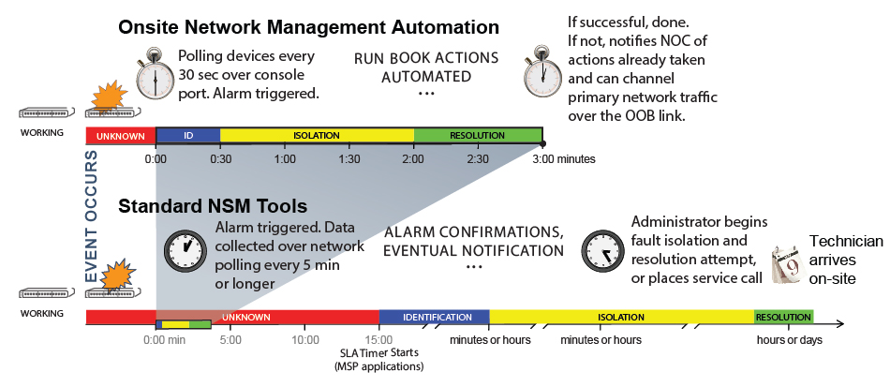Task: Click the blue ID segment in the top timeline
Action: pyautogui.click(x=187, y=136)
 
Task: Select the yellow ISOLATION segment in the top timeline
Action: pyautogui.click(x=317, y=136)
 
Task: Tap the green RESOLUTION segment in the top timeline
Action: pyautogui.click(x=478, y=136)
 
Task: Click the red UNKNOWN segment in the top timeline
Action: pyautogui.click(x=120, y=136)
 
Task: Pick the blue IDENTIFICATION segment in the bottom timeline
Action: pyautogui.click(x=435, y=317)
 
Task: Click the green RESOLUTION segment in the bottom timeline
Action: pyautogui.click(x=783, y=317)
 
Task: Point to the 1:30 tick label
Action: pyautogui.click(x=349, y=159)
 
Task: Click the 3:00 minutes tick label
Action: pyautogui.click(x=564, y=159)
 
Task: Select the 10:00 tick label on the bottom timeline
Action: pyautogui.click(x=305, y=340)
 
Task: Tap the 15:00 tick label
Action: pyautogui.click(x=378, y=340)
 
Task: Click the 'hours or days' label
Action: pyautogui.click(x=789, y=340)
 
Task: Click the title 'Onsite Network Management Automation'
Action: pyautogui.click(x=308, y=27)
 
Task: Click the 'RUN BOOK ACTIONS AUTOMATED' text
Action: pyautogui.click(x=426, y=67)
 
